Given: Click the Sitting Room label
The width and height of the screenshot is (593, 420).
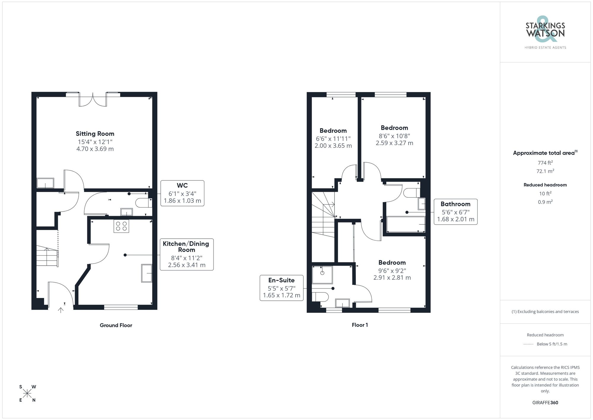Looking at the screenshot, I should click(x=95, y=134).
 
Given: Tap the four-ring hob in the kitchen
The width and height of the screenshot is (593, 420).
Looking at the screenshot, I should click(x=121, y=226).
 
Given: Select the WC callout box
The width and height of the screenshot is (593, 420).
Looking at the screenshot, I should click(x=182, y=193).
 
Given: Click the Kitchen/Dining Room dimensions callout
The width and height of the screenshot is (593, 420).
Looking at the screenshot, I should click(x=186, y=254).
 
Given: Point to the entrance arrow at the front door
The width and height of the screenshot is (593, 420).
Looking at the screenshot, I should click(x=61, y=310).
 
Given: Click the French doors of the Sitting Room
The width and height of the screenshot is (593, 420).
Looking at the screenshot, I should click(x=93, y=99).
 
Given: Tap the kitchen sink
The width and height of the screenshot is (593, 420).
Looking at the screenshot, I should click(x=147, y=273).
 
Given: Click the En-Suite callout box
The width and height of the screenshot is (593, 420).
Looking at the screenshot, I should click(x=281, y=288).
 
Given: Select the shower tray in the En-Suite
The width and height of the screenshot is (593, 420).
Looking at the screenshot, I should click(x=322, y=275).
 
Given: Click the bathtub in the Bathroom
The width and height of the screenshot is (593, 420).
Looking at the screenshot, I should click(x=406, y=224).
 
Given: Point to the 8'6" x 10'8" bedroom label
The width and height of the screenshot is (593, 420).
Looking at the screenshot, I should click(x=394, y=128).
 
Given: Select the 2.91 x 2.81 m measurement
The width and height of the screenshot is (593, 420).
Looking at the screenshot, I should click(x=392, y=278).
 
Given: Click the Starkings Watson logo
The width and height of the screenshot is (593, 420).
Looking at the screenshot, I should click(x=545, y=33).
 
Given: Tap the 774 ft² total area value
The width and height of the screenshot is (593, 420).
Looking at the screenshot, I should click(x=545, y=163).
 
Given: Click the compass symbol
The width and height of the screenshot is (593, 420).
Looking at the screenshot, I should click(x=27, y=394).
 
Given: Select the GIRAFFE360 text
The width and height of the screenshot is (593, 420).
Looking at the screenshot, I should click(x=545, y=403).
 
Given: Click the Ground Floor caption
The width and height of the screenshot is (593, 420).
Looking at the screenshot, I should click(x=116, y=325).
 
